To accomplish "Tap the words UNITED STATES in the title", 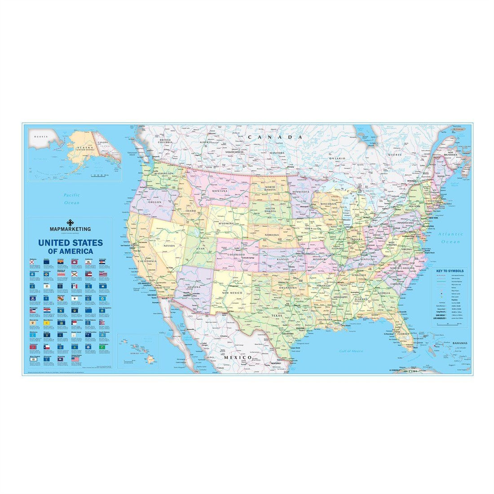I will (71, 243).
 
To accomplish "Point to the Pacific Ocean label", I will (71, 198).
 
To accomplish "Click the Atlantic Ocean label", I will (451, 238).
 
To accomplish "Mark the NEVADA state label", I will (168, 246).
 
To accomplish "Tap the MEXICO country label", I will (238, 357).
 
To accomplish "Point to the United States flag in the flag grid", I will (75, 360).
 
